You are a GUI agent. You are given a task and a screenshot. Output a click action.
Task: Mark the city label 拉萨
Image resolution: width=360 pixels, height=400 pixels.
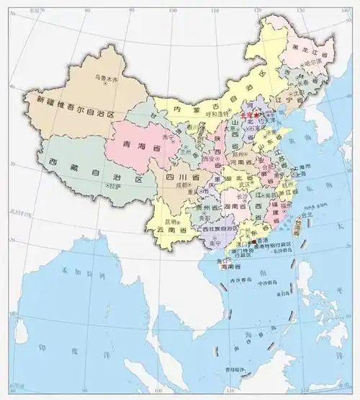click(x=114, y=185)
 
